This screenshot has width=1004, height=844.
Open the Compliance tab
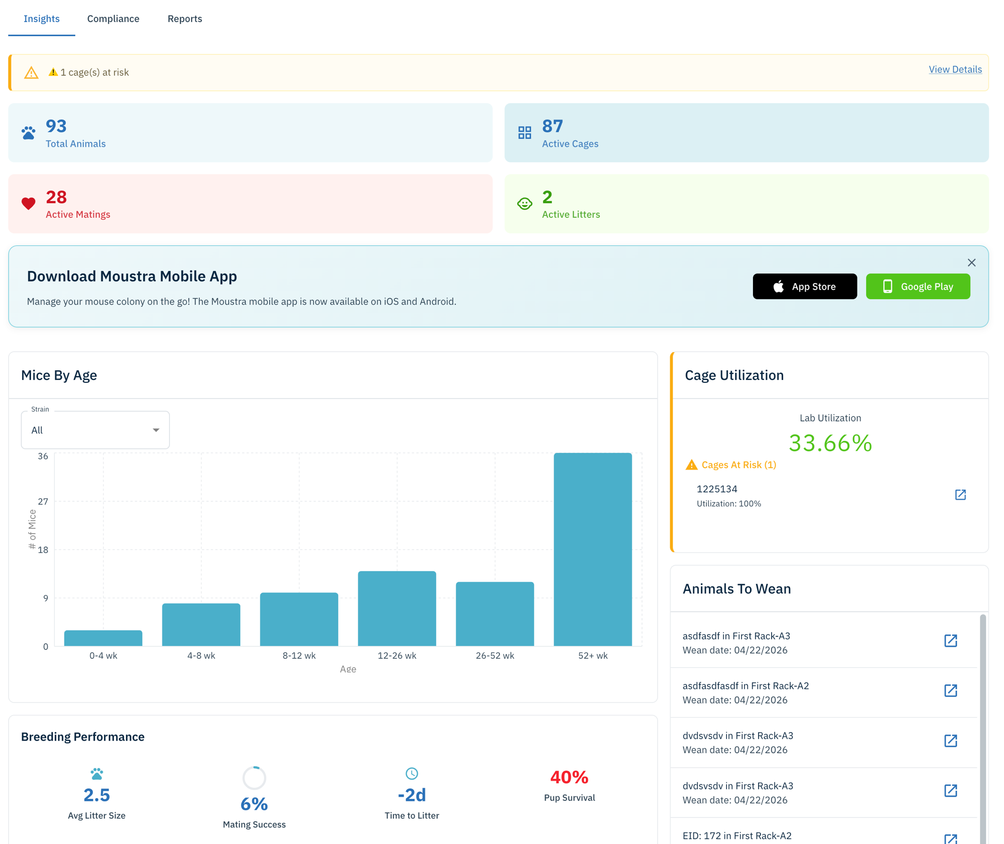click(x=113, y=19)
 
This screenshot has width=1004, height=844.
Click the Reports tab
click(x=185, y=19)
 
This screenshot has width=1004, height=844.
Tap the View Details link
click(x=955, y=69)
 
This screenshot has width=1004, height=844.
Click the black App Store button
click(x=804, y=287)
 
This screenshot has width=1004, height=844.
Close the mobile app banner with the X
click(x=971, y=263)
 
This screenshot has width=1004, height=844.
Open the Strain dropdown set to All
click(x=95, y=430)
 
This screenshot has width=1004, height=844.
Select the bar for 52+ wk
click(x=592, y=549)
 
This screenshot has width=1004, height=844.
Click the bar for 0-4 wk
click(x=103, y=638)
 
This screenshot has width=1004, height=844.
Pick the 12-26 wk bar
click(x=397, y=608)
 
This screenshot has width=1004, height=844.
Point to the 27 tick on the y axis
click(x=43, y=501)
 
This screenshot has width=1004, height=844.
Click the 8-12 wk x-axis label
click(x=299, y=655)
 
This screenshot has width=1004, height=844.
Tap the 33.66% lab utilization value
click(x=830, y=443)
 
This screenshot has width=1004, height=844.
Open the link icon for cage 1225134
click(x=960, y=495)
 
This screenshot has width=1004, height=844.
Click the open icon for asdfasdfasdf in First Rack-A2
click(x=950, y=691)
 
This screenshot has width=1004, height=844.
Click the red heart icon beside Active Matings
click(x=29, y=203)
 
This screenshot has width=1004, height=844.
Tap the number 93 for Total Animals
click(x=56, y=126)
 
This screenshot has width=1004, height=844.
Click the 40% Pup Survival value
click(x=569, y=777)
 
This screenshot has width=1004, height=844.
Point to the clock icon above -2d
click(x=412, y=773)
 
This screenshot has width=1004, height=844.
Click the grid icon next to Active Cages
click(x=525, y=132)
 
